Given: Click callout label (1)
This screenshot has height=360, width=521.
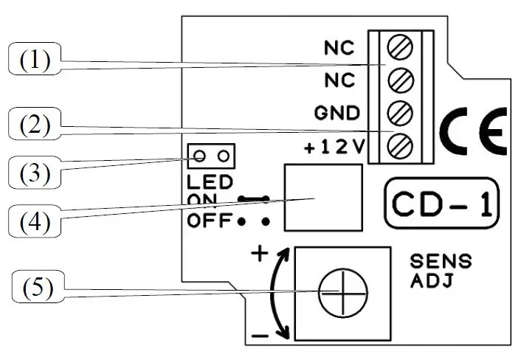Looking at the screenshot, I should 34,60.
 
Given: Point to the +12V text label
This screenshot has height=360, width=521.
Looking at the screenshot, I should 335,147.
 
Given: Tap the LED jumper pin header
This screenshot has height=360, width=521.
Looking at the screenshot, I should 212,155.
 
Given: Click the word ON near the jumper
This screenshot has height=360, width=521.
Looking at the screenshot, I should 200,199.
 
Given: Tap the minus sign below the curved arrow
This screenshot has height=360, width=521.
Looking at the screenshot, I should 259,336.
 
